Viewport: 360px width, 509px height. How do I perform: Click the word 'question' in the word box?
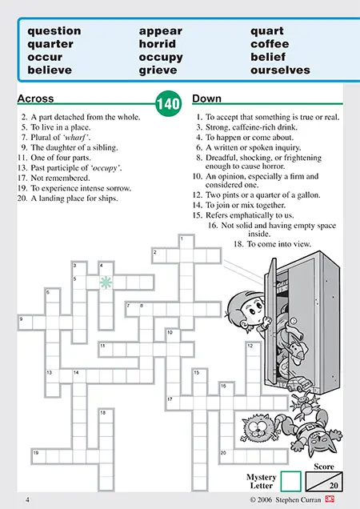pyautogui.click(x=54, y=31)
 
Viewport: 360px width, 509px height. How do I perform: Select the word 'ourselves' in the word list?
pyautogui.click(x=280, y=70)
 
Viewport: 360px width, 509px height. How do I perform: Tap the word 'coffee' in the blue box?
pyautogui.click(x=270, y=44)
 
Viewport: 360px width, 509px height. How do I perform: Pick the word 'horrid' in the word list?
pyautogui.click(x=158, y=44)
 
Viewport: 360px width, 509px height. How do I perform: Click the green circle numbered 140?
pyautogui.click(x=168, y=103)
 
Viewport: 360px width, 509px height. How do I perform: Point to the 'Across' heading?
pyautogui.click(x=36, y=98)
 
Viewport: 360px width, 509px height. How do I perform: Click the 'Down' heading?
pyautogui.click(x=206, y=98)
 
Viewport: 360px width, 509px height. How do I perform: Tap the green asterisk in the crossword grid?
pyautogui.click(x=106, y=283)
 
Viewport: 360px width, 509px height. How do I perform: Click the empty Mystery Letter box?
pyautogui.click(x=290, y=481)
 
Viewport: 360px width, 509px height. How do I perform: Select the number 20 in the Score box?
pyautogui.click(x=334, y=486)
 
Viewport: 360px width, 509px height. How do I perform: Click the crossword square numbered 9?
pyautogui.click(x=26, y=323)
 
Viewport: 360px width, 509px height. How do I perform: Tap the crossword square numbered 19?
pyautogui.click(x=39, y=456)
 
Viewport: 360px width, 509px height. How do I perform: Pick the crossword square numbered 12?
pyautogui.click(x=254, y=350)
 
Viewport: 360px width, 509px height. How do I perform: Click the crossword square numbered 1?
pyautogui.click(x=186, y=242)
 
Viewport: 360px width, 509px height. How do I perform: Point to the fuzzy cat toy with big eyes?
pyautogui.click(x=258, y=429)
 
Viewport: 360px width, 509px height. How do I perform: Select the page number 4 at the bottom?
pyautogui.click(x=27, y=499)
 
